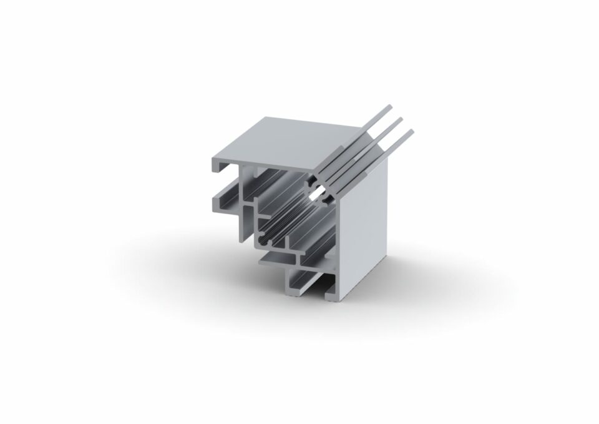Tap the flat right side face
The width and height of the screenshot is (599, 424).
point(365,225)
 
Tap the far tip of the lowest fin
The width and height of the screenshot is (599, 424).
point(411,132)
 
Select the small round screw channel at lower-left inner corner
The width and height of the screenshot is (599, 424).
point(265,238)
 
